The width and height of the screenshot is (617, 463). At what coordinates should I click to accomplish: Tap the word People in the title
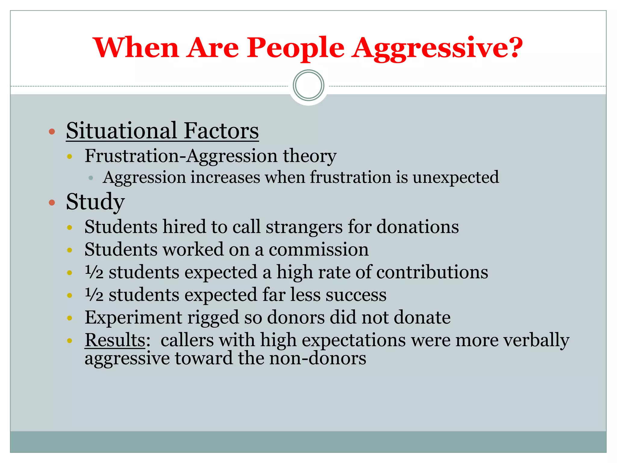tap(295, 48)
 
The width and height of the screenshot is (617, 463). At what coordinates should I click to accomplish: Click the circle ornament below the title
tap(308, 85)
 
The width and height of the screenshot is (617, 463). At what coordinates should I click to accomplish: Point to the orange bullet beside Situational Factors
tap(52, 131)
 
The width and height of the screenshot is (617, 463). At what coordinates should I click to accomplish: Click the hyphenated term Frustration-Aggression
tap(181, 156)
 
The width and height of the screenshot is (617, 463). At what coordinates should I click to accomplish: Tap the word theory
tap(309, 156)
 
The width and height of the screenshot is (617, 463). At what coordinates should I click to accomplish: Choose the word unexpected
tap(456, 177)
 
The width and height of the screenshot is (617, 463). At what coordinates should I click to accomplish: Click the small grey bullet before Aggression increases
tap(91, 178)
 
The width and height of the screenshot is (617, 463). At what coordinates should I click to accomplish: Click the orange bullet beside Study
tap(52, 202)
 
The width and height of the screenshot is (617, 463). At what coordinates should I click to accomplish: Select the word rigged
tap(213, 317)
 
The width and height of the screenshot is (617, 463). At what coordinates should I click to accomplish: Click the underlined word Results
tap(115, 340)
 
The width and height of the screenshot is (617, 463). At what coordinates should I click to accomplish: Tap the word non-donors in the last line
tap(317, 358)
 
